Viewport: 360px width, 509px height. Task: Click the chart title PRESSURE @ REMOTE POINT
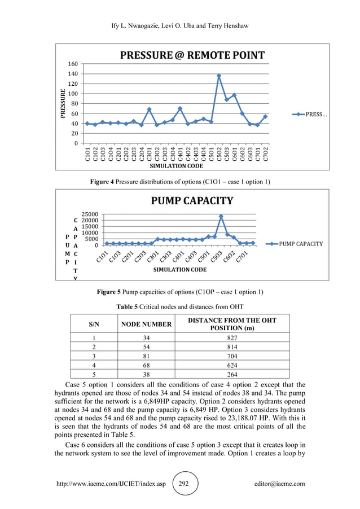[191, 55]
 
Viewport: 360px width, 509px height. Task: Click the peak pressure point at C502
[219, 76]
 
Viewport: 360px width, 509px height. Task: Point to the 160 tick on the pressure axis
[74, 64]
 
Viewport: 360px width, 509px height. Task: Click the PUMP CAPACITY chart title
[191, 200]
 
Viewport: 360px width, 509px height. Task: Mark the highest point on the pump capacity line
[221, 216]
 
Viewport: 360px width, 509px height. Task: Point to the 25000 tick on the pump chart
[90, 214]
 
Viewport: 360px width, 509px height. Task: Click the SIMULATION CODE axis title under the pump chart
[179, 270]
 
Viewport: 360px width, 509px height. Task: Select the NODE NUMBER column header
[146, 324]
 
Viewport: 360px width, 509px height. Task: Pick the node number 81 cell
[146, 356]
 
